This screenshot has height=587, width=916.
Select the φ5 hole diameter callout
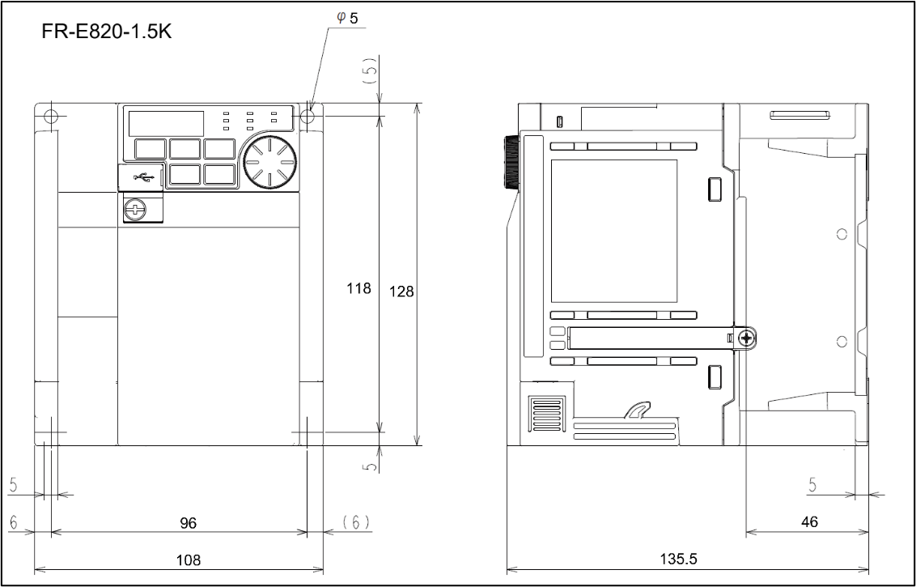348,19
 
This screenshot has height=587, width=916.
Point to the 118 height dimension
359,287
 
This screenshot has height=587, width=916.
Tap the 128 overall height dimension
401,291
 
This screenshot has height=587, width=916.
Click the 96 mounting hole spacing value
188,523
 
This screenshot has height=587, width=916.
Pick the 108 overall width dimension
188,559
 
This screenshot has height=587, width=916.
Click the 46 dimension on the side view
809,522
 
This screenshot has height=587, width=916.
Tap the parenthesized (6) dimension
354,522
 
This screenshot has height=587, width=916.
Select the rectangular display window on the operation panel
166,123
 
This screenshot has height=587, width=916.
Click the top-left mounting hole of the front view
51,116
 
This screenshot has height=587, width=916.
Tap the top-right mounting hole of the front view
307,116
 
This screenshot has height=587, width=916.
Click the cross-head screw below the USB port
135,211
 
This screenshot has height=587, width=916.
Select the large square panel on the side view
613,231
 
